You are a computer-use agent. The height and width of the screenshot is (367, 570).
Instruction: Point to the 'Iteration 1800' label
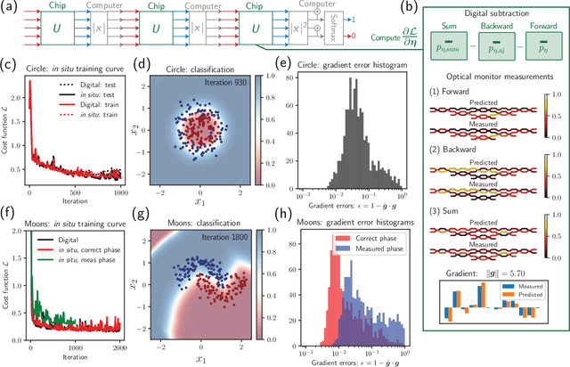[218, 239]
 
